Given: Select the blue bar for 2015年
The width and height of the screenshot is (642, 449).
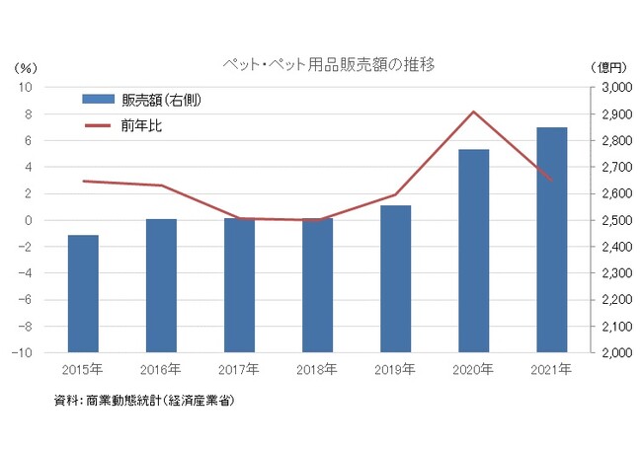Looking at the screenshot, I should tap(83, 293).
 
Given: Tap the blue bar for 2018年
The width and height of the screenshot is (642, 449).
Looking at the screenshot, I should tap(317, 285).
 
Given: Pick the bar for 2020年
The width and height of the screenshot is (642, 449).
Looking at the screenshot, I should tap(473, 251).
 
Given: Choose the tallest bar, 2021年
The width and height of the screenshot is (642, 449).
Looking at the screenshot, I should tap(551, 240).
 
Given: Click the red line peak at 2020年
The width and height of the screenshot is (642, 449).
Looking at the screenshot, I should tap(474, 112).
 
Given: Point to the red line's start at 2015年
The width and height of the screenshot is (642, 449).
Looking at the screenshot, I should tap(84, 181).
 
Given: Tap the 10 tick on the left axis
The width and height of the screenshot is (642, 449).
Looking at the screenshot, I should tap(28, 87).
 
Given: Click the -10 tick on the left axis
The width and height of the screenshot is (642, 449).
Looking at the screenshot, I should tap(25, 352).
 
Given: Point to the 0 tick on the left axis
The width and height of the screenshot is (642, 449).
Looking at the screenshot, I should tap(30, 220).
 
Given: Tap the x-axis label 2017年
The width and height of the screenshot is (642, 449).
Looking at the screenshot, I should tap(239, 370).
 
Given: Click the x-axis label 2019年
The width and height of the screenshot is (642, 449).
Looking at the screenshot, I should tap(395, 370).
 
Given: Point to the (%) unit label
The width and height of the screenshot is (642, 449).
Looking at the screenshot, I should tap(26, 68).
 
